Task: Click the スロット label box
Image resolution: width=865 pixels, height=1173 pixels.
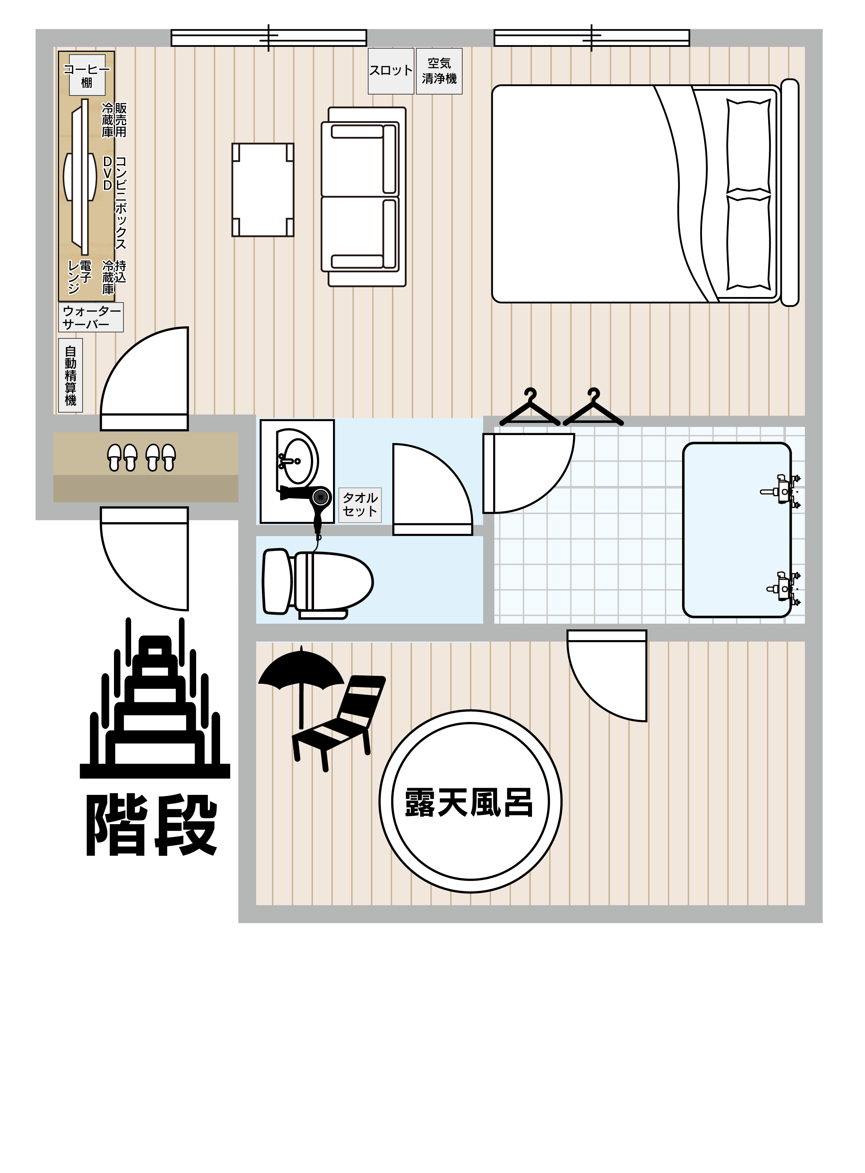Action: point(391,71)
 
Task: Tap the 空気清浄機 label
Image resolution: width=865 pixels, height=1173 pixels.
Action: point(439,71)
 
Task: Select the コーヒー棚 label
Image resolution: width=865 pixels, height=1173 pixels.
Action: point(87,75)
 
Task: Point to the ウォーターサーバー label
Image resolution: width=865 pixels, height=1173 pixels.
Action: point(91,317)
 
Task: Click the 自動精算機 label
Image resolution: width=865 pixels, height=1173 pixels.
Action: point(71,376)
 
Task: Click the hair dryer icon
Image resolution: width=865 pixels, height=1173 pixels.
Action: point(311,508)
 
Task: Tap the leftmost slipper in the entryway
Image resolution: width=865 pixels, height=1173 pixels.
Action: point(115,457)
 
